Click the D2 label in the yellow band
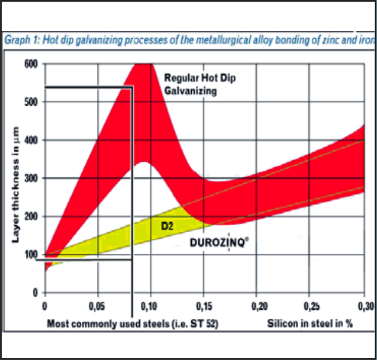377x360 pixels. pos(166,226)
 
